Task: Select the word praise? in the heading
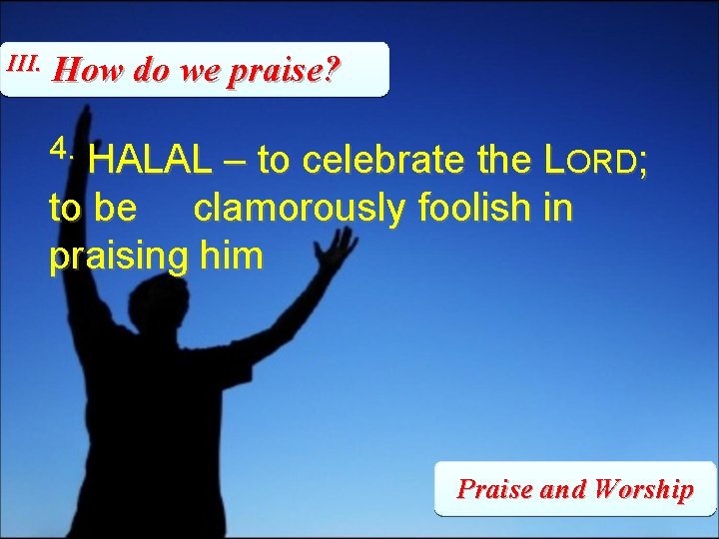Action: [286, 71]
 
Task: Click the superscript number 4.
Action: [61, 149]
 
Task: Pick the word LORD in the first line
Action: [593, 159]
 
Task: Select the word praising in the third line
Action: [118, 257]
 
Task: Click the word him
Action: [231, 257]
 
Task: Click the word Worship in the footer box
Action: [642, 489]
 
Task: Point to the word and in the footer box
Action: [563, 489]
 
